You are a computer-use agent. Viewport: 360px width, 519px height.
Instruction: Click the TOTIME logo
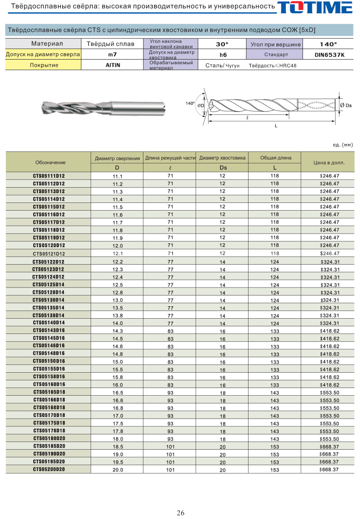click(x=315, y=7)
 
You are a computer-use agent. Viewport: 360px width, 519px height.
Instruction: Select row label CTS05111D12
click(x=49, y=176)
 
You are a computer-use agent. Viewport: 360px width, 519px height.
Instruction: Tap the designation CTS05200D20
click(x=49, y=469)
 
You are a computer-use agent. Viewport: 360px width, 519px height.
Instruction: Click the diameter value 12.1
click(x=118, y=254)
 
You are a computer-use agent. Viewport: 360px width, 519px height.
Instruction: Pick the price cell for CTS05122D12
click(x=330, y=262)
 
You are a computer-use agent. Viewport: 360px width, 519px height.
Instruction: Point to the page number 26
click(x=180, y=513)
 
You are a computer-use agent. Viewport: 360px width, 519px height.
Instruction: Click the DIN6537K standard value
click(x=329, y=55)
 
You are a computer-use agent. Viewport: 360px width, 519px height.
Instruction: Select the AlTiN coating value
click(x=113, y=65)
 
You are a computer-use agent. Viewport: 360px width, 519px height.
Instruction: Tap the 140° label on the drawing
click(x=190, y=103)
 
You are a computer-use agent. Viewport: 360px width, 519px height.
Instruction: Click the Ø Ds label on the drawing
click(x=346, y=106)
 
